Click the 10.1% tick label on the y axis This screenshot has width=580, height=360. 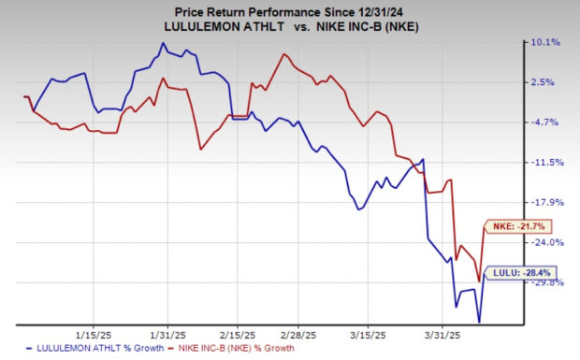tap(545, 42)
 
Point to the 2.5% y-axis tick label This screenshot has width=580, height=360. tap(547, 82)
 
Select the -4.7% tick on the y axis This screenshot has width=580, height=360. tap(546, 122)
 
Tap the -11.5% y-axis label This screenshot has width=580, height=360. tap(545, 163)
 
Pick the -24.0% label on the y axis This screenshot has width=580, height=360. tap(545, 242)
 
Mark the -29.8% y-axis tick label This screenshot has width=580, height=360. tap(545, 282)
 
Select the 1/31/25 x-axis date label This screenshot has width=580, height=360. tap(166, 334)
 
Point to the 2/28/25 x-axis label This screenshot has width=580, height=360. tap(297, 334)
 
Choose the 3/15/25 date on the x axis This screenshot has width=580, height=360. tap(368, 334)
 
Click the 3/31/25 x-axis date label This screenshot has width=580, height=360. tap(441, 334)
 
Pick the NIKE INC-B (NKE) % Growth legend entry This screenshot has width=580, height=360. tap(238, 348)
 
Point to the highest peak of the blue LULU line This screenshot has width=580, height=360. tap(164, 43)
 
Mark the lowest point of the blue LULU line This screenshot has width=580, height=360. tap(479, 323)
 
